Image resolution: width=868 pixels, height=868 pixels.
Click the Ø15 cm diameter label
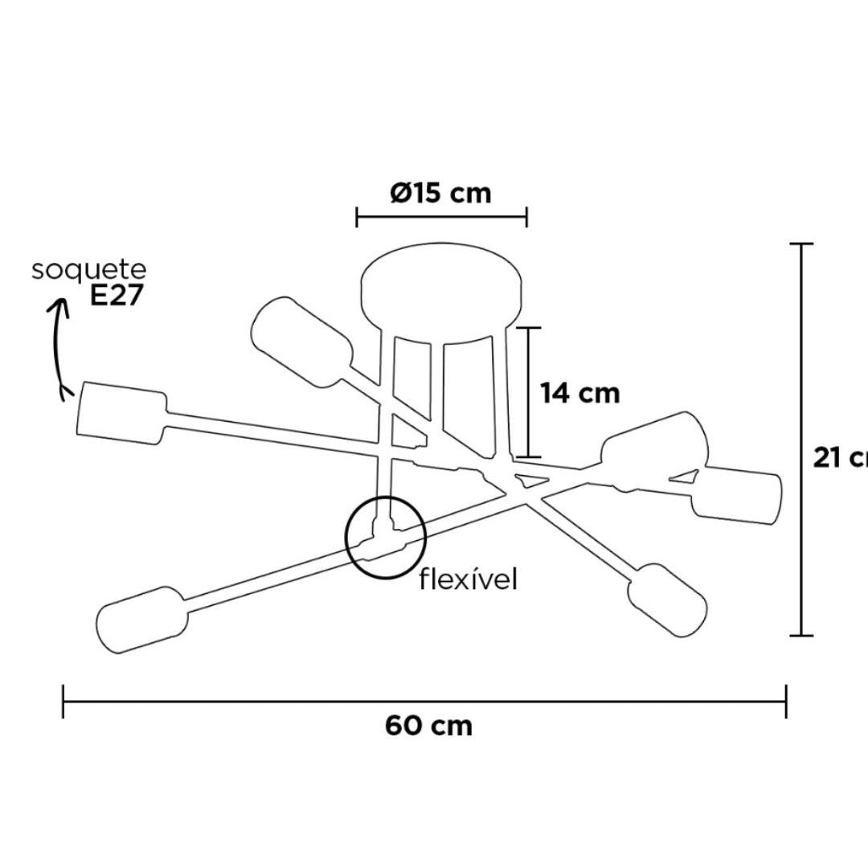point(440,194)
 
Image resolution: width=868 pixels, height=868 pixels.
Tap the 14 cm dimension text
point(579,393)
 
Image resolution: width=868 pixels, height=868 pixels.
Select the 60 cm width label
point(428,726)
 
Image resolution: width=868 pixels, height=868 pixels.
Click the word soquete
point(89,270)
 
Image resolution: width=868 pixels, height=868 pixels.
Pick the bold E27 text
point(117,296)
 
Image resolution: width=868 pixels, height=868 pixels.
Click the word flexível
point(468,579)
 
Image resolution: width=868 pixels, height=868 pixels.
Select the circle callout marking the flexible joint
point(385,538)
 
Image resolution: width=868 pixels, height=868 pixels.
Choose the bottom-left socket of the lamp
point(142,620)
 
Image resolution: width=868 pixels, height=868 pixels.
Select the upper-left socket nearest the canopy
point(301,338)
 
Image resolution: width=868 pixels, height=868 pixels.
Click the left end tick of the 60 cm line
point(63,701)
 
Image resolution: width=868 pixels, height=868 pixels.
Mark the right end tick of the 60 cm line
point(786,701)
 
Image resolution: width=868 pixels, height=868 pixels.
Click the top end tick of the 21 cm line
point(801,244)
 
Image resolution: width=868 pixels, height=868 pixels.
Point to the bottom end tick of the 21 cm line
point(801,636)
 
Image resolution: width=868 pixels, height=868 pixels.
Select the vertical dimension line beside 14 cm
point(528,392)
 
